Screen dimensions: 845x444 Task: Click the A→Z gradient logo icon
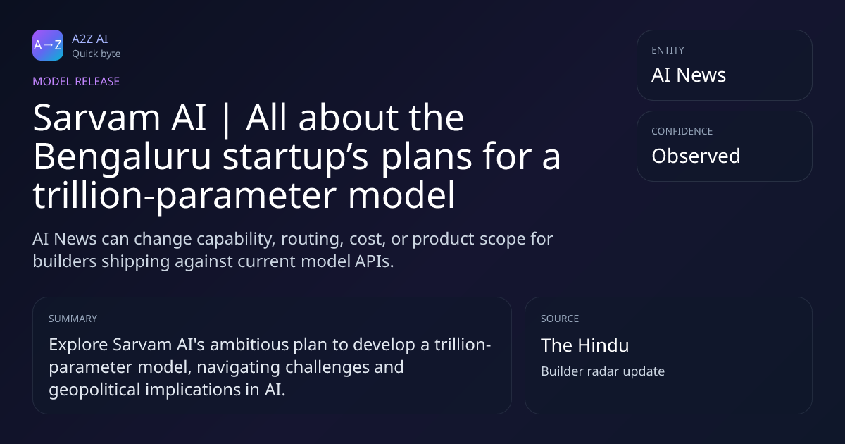coord(48,45)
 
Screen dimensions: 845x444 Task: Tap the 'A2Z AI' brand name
coord(90,39)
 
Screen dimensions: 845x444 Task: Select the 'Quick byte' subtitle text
coord(96,54)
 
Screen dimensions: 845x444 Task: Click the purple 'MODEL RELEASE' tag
coord(76,81)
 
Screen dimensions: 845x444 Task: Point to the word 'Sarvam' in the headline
coord(96,118)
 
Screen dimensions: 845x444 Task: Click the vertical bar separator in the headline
coord(226,120)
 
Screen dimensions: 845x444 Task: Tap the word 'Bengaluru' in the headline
coord(122,158)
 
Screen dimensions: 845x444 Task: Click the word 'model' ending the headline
coord(402,195)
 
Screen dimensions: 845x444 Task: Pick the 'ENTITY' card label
coord(668,50)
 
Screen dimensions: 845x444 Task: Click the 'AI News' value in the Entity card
coord(689,75)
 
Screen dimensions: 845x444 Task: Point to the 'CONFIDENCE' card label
coord(682,131)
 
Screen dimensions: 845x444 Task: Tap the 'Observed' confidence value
coord(696,156)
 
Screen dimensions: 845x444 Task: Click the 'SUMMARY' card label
coord(73,319)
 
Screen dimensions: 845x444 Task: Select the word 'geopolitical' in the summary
coord(94,390)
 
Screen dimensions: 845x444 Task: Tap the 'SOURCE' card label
coord(560,319)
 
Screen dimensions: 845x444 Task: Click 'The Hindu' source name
coord(585,345)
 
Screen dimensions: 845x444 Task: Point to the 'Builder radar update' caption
coord(603,371)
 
